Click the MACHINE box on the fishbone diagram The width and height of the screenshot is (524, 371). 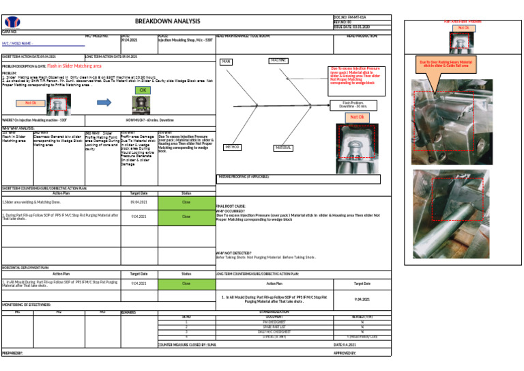click(x=278, y=61)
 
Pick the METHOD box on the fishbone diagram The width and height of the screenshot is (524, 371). click(x=232, y=147)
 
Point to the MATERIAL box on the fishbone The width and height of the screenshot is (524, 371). click(x=283, y=148)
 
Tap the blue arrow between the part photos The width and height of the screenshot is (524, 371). click(x=104, y=102)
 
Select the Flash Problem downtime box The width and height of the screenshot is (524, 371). click(x=354, y=105)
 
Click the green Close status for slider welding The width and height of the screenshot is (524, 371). click(x=186, y=202)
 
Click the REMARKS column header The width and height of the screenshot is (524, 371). click(x=128, y=312)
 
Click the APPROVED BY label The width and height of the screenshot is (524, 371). click(x=345, y=353)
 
